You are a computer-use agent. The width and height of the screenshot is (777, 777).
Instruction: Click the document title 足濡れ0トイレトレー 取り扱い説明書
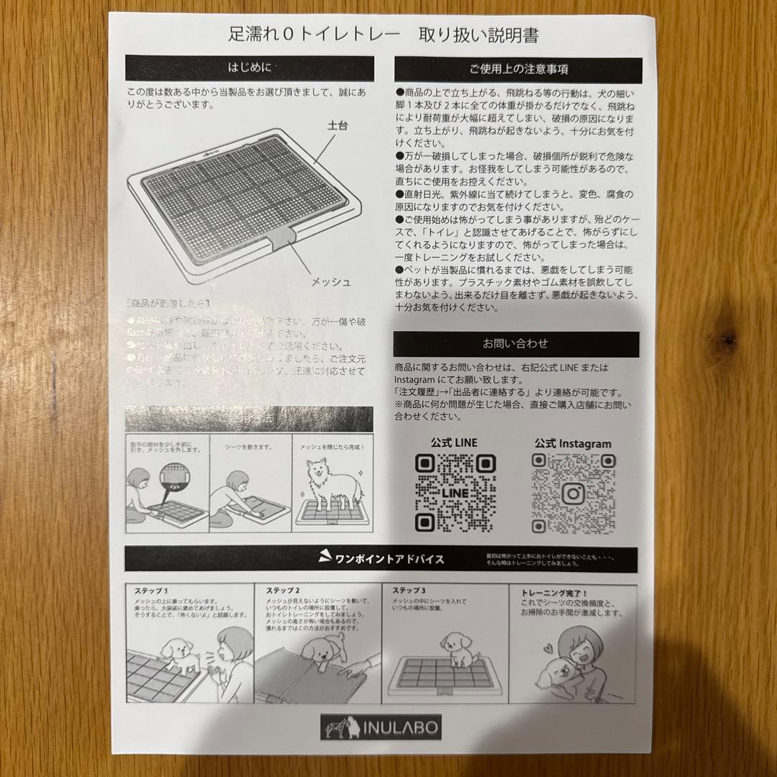click(x=383, y=34)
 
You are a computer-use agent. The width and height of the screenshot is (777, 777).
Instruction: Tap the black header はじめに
click(x=250, y=68)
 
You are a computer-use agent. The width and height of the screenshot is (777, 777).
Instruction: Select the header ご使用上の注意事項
click(x=517, y=70)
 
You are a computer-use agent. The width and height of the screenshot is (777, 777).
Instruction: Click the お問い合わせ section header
click(x=516, y=344)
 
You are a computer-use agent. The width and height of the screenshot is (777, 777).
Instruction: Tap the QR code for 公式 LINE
click(x=455, y=493)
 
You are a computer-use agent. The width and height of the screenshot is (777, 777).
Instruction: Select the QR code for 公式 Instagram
click(x=573, y=494)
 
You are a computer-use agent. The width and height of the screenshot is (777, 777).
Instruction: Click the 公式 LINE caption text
click(x=454, y=442)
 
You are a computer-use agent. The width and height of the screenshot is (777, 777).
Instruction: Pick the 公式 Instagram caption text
click(x=573, y=444)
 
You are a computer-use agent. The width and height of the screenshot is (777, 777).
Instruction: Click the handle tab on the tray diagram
click(x=280, y=240)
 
